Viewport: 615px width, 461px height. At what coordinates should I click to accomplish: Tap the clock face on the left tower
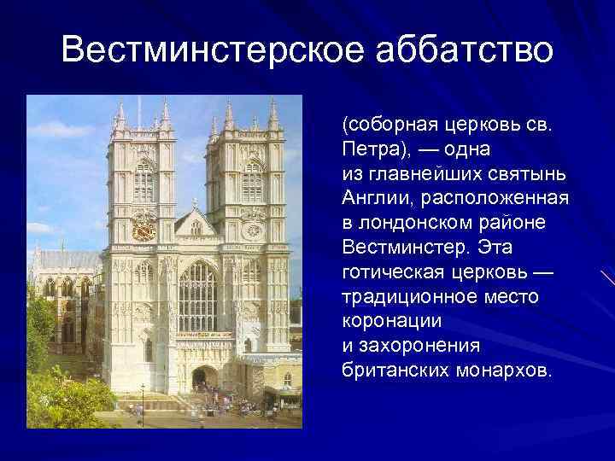click(x=143, y=227)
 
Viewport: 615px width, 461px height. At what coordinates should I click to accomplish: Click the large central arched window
click(x=197, y=295)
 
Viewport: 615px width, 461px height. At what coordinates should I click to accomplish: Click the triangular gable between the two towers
click(x=196, y=224)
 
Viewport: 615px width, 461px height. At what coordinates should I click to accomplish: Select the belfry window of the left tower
click(x=143, y=181)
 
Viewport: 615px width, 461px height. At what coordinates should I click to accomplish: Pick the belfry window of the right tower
click(x=253, y=181)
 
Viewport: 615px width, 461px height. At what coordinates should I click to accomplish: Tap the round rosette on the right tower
click(x=253, y=229)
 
